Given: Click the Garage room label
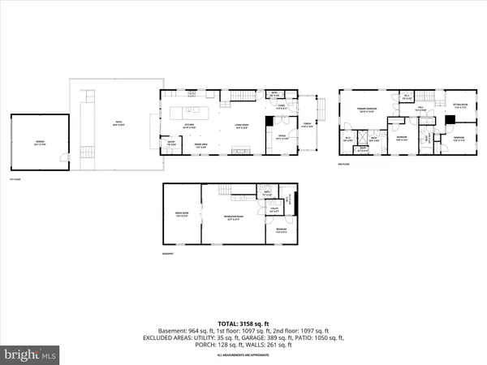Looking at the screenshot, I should tap(38, 142).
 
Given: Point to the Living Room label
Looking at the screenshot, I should tap(241, 127).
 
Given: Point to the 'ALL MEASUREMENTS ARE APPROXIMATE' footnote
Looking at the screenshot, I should tap(243, 355).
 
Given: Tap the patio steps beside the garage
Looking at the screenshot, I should tap(86, 154).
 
